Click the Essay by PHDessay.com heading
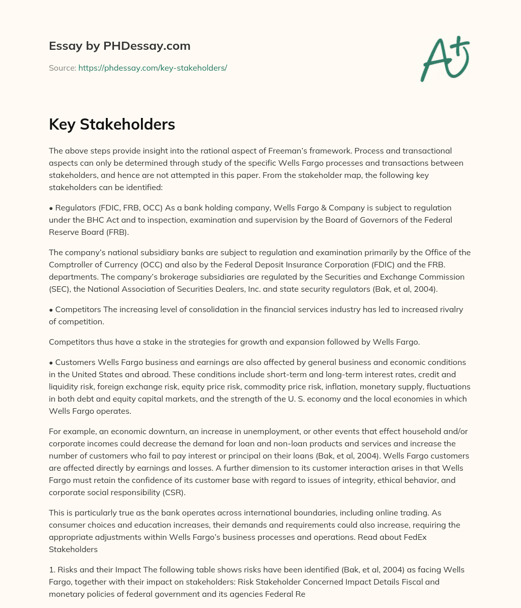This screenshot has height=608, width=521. pos(120,46)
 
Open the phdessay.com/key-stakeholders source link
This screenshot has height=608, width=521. pos(153,68)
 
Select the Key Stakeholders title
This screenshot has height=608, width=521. pos(112,124)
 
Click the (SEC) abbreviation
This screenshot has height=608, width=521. pos(59,289)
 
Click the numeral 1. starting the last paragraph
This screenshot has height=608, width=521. pos(52,569)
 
